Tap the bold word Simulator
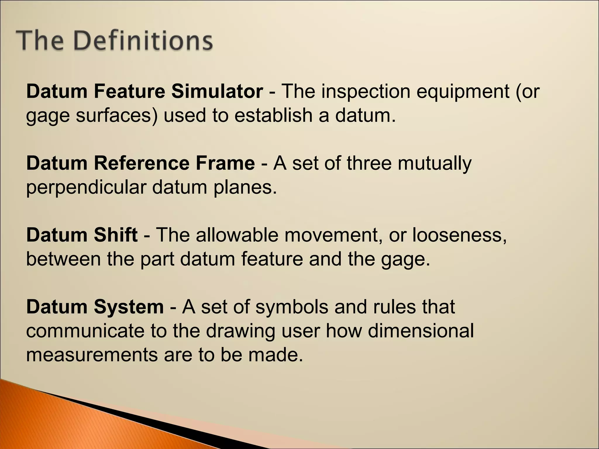pyautogui.click(x=217, y=91)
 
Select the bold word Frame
pyautogui.click(x=225, y=163)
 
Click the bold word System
pyautogui.click(x=129, y=307)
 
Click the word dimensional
pyautogui.click(x=421, y=331)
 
